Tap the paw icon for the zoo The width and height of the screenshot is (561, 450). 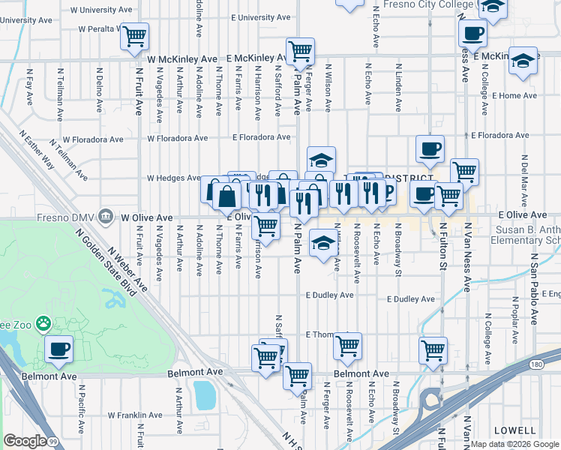coord(44,324)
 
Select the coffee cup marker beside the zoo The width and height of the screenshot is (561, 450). coord(59,349)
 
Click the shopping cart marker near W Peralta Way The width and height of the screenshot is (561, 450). coord(134,35)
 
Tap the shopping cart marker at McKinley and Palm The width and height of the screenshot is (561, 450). coord(300,51)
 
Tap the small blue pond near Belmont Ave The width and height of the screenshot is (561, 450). coord(203,395)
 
